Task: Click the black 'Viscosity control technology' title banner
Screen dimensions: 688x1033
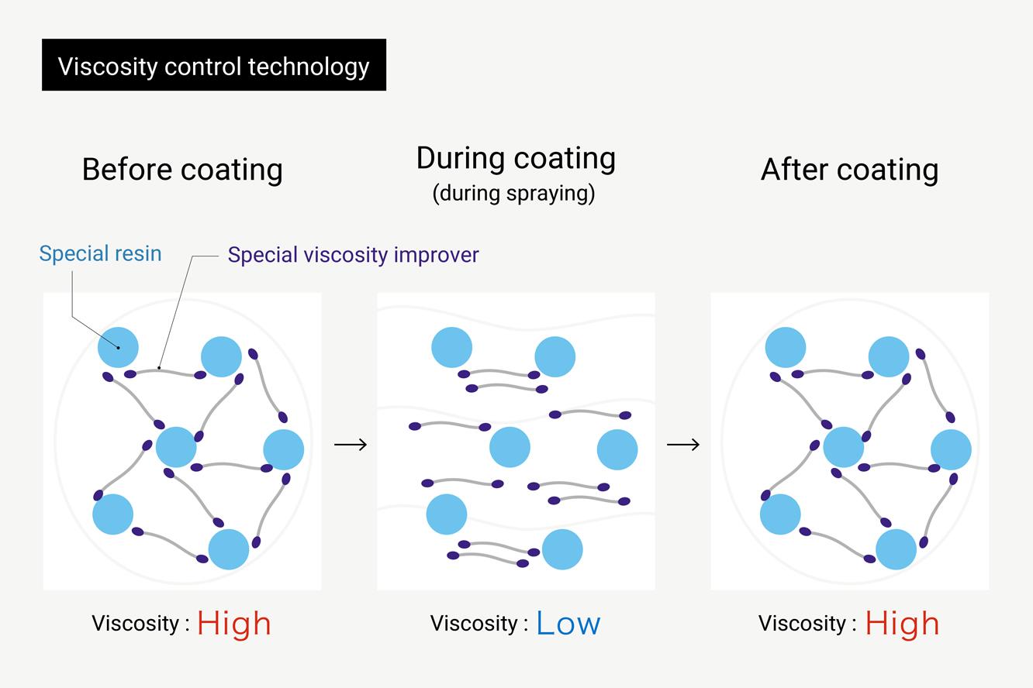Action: (213, 66)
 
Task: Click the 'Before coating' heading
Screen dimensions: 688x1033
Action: (182, 170)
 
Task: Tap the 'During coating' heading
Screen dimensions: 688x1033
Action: (516, 158)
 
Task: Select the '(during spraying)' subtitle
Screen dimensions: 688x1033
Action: (513, 193)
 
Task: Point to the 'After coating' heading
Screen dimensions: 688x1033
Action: (849, 170)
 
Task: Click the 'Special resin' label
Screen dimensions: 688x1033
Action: (100, 253)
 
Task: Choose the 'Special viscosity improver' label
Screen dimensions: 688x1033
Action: (353, 255)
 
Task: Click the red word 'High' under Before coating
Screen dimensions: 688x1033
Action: (233, 624)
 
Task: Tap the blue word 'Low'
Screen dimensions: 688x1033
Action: (568, 624)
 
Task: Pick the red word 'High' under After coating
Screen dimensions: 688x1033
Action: (902, 624)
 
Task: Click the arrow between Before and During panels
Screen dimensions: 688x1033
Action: (350, 444)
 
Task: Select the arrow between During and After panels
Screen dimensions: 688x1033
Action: (683, 444)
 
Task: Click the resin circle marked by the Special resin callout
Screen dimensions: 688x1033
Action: (118, 347)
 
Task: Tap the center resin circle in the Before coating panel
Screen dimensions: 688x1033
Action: (176, 447)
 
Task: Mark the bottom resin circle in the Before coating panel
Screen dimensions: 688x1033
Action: (229, 549)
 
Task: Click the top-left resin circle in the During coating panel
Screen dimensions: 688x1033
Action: (451, 347)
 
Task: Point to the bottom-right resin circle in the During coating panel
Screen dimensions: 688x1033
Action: (562, 549)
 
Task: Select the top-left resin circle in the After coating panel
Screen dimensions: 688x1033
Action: (786, 347)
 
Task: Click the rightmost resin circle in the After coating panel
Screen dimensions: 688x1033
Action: (951, 449)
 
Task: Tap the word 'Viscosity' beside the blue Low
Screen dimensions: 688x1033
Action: (473, 624)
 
